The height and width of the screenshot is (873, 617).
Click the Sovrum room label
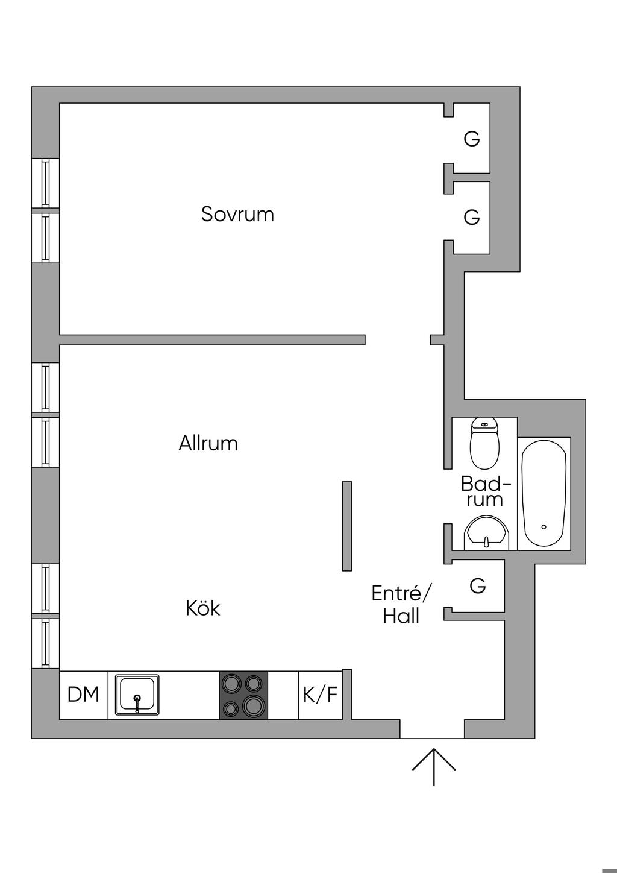237,214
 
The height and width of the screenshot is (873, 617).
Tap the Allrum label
208,443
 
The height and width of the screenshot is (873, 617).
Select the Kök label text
202,608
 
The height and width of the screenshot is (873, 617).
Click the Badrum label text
485,491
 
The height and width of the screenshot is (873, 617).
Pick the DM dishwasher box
83,695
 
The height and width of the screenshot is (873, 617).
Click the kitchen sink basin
137,695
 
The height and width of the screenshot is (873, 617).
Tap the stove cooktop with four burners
243,695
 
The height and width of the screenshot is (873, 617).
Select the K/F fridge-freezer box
320,695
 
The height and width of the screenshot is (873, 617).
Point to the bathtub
544,493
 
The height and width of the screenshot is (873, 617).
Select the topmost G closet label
472,139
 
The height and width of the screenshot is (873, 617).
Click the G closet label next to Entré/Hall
477,585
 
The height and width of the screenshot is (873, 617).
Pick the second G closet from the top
472,217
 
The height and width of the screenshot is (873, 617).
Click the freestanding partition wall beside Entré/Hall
346,526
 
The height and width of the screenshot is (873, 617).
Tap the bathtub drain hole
543,527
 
